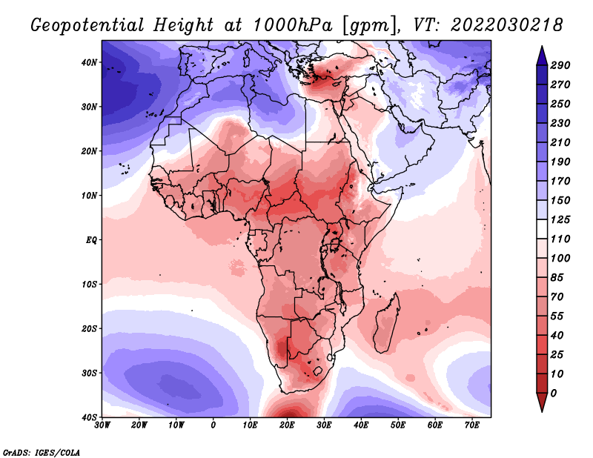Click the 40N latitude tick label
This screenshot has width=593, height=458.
89,62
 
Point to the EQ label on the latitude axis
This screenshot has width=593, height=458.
91,240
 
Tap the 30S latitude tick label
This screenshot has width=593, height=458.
89,374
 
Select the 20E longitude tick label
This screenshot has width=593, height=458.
287,425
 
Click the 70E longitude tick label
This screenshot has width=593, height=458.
471,425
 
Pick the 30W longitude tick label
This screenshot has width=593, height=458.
102,425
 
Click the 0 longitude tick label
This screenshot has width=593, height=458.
213,425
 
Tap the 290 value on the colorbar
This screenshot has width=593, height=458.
560,65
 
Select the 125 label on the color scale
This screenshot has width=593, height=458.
560,219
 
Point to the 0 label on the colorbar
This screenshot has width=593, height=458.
554,394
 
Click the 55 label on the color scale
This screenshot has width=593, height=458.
557,316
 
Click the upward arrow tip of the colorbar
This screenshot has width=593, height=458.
542,47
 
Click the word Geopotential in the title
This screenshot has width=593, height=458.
87,26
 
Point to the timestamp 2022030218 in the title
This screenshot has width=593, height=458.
507,25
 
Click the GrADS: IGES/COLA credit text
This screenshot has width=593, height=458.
42,452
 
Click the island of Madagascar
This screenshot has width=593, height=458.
386,322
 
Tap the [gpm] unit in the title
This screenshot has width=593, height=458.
366,26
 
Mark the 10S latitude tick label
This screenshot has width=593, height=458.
89,285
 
